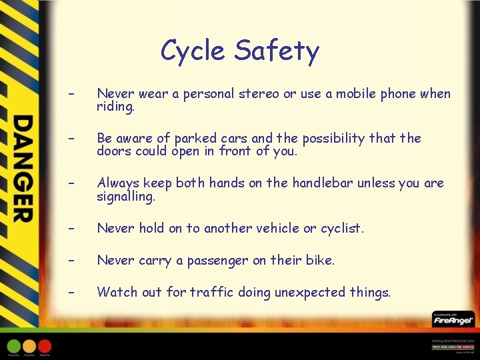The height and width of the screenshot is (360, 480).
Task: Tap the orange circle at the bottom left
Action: coord(29,346)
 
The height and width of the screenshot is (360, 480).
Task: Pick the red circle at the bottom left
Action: coord(44,346)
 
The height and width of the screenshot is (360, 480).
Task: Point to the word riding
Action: coord(115,107)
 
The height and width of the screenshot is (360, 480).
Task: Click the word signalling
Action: coord(125,197)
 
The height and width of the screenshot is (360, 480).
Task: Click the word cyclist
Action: coord(342,228)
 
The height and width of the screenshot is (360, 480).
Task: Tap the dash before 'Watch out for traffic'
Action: coord(69,292)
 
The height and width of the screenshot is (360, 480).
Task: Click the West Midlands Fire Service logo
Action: coord(453,346)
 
